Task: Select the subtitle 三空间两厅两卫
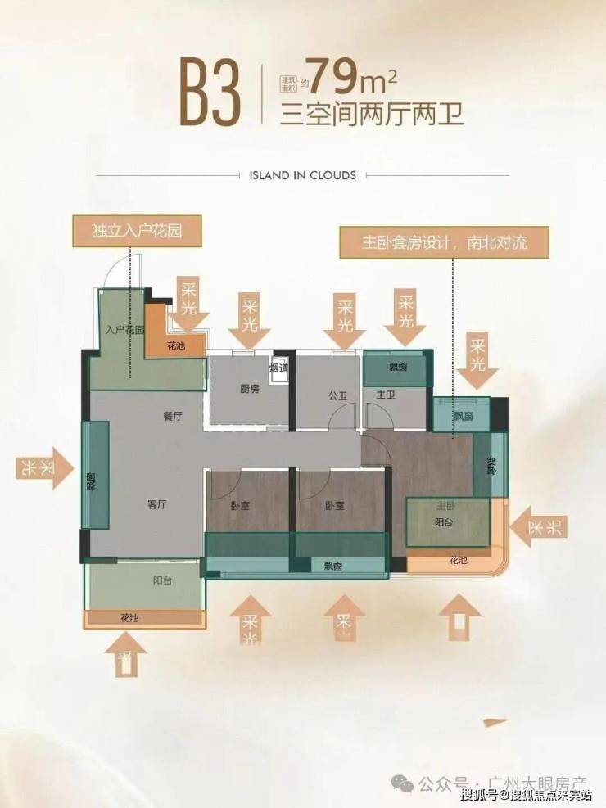pos(372,114)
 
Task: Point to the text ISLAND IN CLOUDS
pos(302,175)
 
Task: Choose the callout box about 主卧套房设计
pos(444,243)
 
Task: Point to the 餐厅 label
pos(172,416)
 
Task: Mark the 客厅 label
pos(157,505)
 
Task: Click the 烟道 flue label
pos(278,368)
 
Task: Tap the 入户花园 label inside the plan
pos(124,330)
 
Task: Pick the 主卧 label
pos(445,505)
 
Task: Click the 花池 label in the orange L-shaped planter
pos(176,345)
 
